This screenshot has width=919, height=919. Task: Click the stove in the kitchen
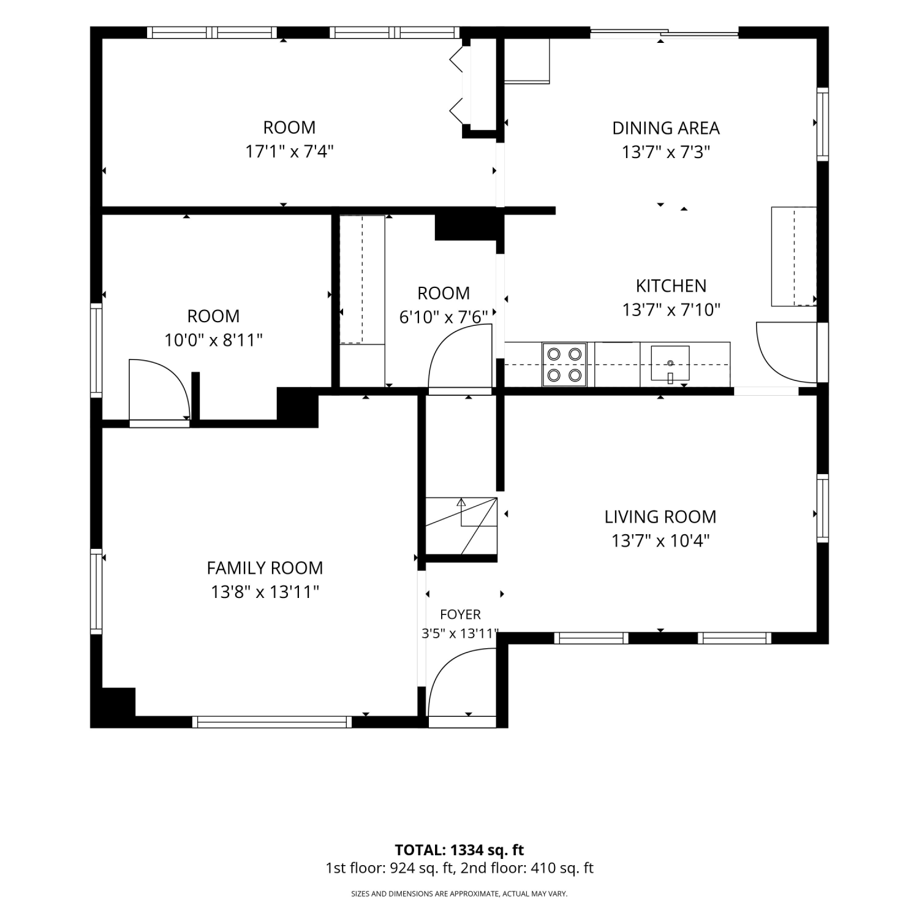point(564,365)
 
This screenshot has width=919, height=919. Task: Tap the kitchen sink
point(670,364)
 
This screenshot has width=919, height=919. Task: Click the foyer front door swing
point(461,683)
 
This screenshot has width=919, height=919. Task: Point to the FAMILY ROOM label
point(265,568)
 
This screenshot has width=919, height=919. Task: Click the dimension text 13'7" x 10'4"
point(660,541)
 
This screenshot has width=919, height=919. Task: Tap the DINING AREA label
point(666,128)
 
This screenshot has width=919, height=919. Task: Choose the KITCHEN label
point(671,286)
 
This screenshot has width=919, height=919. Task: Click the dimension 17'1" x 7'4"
point(289,151)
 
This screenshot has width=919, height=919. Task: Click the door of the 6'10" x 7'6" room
point(461,358)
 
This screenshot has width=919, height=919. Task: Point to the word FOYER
point(461,615)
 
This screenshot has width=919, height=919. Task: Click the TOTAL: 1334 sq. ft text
point(459,850)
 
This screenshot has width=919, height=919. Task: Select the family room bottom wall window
point(272,722)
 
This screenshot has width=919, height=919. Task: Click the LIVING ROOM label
point(660,517)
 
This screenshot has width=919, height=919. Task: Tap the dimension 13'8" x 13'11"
point(265,592)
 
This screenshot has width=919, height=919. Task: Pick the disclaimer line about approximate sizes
point(459,894)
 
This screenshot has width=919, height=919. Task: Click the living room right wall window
point(823,508)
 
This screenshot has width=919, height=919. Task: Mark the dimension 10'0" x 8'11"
point(213,340)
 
